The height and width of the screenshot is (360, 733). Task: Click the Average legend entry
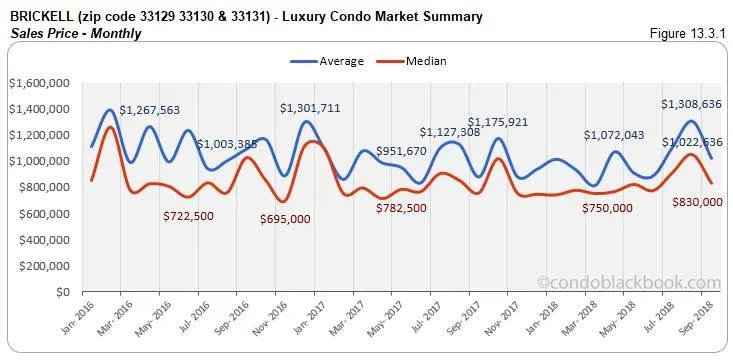click(340, 61)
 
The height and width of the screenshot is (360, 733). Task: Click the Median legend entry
click(424, 61)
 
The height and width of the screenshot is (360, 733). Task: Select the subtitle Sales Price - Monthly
click(74, 33)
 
